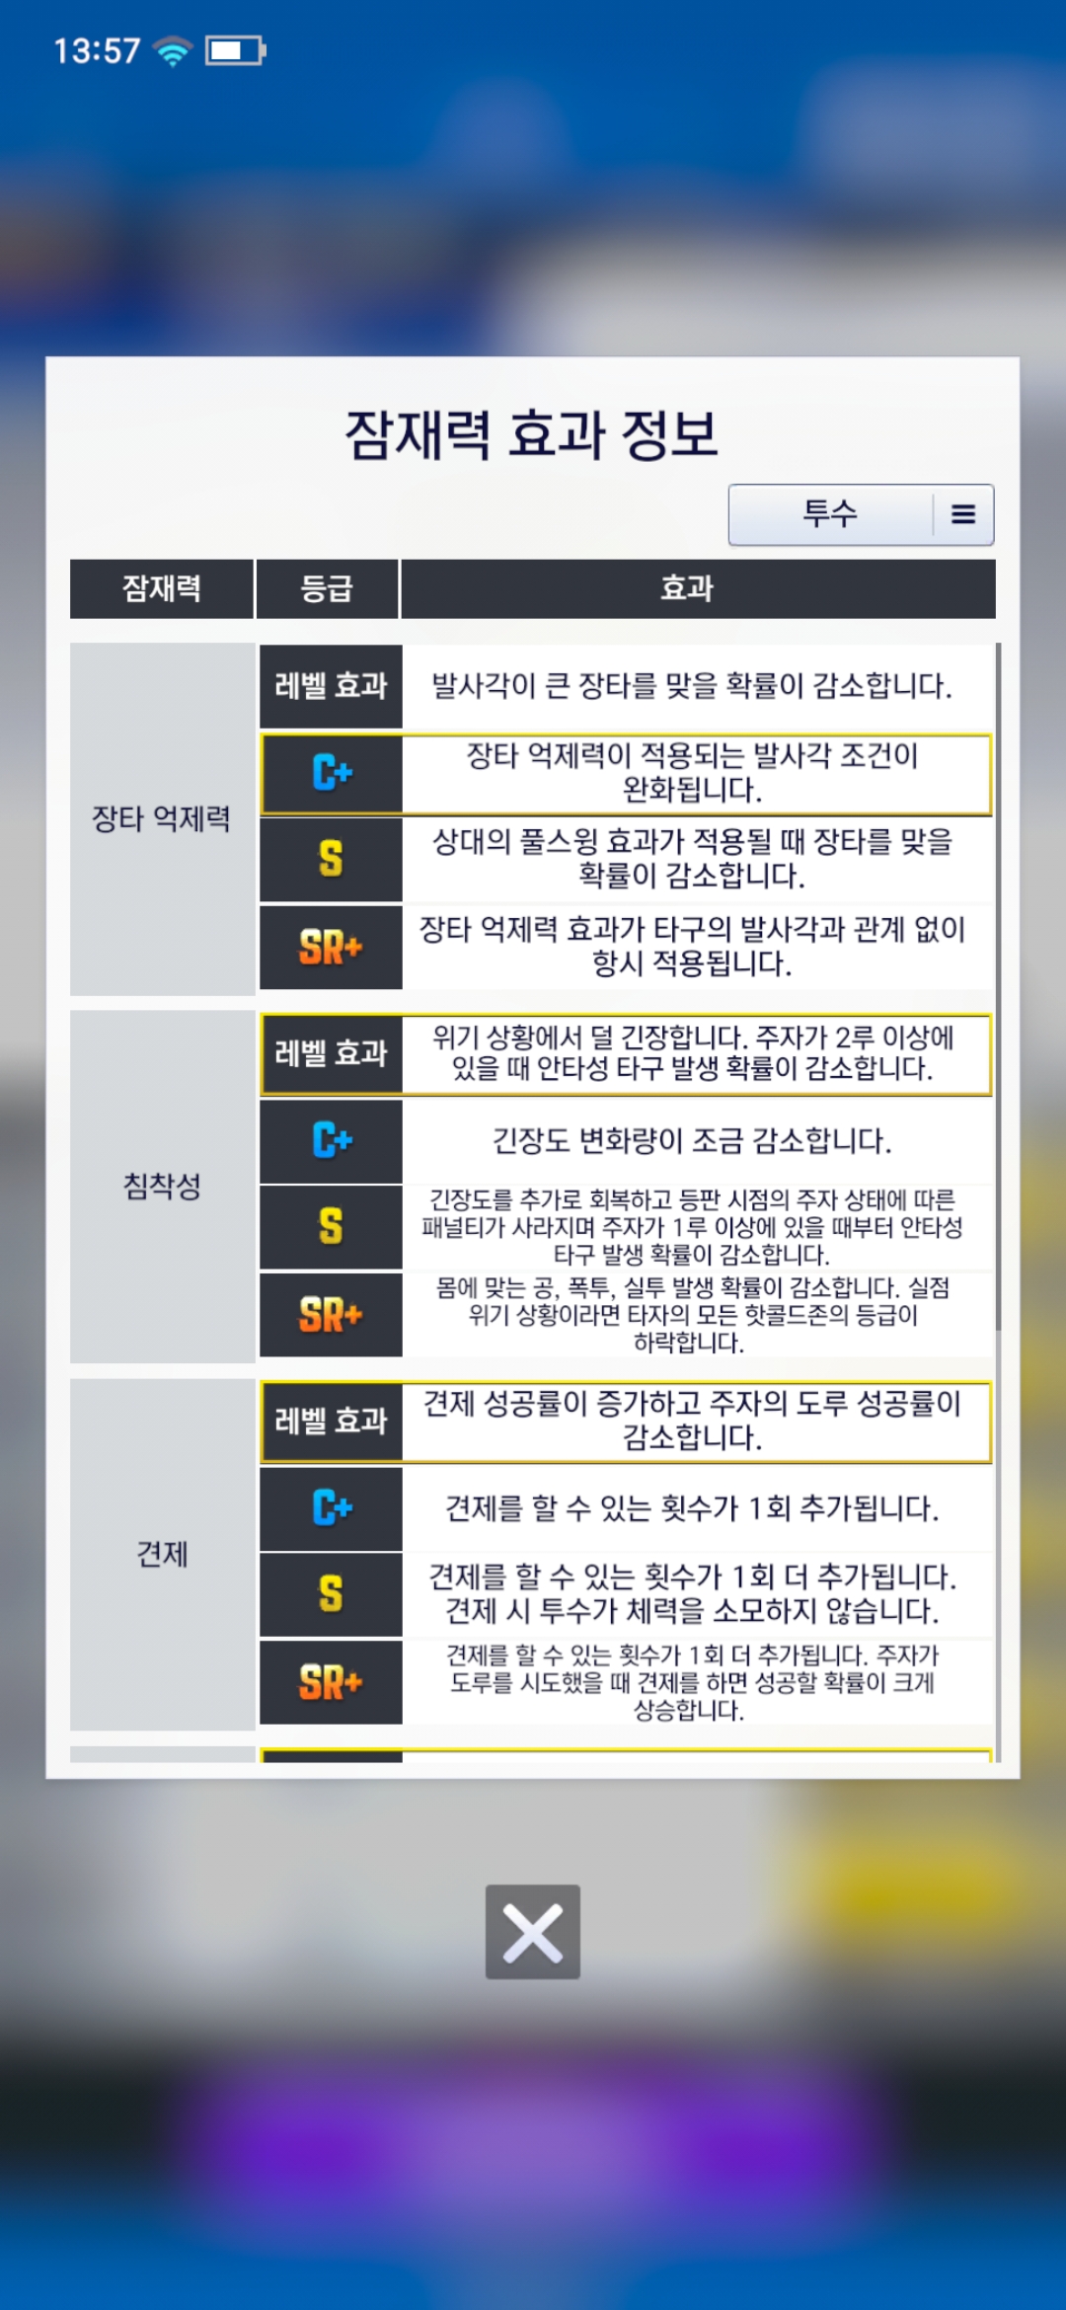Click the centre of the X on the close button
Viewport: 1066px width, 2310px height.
click(x=533, y=1933)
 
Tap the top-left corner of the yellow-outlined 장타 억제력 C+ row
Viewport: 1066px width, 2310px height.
click(x=261, y=733)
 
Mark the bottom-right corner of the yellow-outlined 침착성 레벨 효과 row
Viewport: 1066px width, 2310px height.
click(x=992, y=1096)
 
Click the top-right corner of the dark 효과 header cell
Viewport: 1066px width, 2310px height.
click(x=995, y=560)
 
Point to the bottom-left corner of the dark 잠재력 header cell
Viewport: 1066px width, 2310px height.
click(x=70, y=618)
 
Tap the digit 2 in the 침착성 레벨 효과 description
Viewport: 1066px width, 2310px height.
click(x=843, y=1039)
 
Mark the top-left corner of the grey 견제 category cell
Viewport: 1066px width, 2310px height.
click(x=70, y=1379)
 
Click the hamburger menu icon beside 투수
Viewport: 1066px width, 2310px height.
click(x=963, y=514)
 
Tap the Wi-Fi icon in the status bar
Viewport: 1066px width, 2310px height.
click(x=174, y=50)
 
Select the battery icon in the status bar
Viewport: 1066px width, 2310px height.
click(x=235, y=50)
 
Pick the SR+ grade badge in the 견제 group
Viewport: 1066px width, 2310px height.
click(x=331, y=1682)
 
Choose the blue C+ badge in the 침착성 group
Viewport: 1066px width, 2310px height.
click(x=332, y=1140)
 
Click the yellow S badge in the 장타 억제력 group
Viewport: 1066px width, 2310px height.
click(x=331, y=859)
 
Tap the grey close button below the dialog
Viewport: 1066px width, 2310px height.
click(x=533, y=1932)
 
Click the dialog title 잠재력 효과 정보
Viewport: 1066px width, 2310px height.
click(x=532, y=434)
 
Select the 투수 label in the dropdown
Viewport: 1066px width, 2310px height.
click(x=830, y=513)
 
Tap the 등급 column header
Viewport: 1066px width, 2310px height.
click(x=327, y=588)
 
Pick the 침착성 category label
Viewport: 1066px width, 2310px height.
click(x=162, y=1186)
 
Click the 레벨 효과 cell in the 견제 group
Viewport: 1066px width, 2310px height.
click(x=331, y=1421)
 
